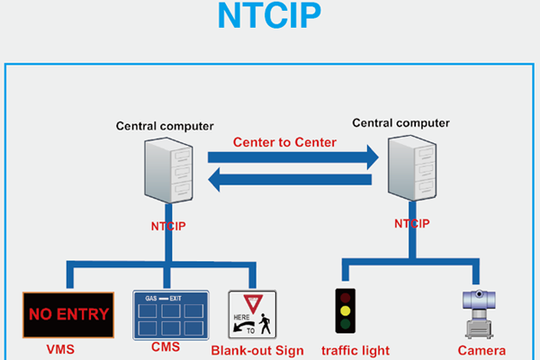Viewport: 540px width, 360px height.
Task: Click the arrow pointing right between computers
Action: [293, 157]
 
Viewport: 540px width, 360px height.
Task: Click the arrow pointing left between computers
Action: [293, 183]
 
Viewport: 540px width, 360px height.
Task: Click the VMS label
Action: [60, 348]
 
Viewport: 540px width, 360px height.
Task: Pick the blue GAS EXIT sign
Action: [171, 314]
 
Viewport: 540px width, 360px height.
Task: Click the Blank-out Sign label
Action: [256, 350]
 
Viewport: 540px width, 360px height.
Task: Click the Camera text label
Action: [481, 350]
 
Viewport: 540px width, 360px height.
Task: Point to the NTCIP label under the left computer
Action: [168, 225]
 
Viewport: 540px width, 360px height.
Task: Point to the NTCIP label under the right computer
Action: [411, 221]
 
